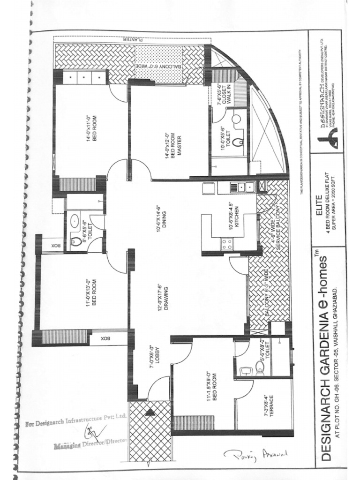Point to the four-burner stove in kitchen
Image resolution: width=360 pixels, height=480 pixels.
coord(227,243)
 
